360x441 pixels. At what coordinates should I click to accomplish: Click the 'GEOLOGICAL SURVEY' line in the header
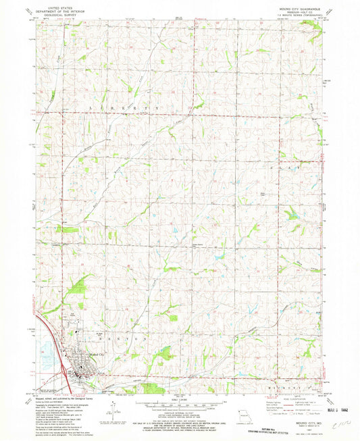pyautogui.click(x=55, y=14)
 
